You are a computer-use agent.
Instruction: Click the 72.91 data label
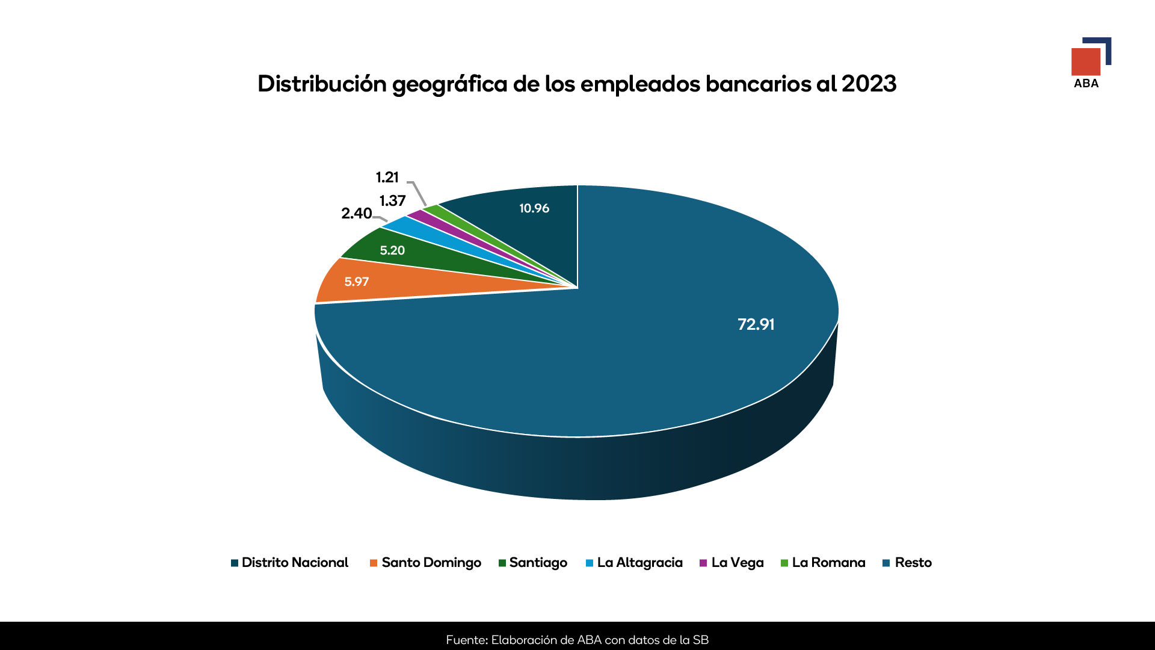click(756, 324)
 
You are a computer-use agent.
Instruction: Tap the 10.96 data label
click(534, 208)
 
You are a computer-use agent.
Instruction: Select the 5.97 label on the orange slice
click(356, 282)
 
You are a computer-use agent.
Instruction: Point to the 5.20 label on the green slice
click(392, 250)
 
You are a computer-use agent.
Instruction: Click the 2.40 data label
click(356, 213)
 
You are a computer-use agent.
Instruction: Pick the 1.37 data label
click(392, 200)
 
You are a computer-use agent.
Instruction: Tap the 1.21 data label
click(387, 178)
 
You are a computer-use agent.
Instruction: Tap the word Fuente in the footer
click(467, 640)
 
